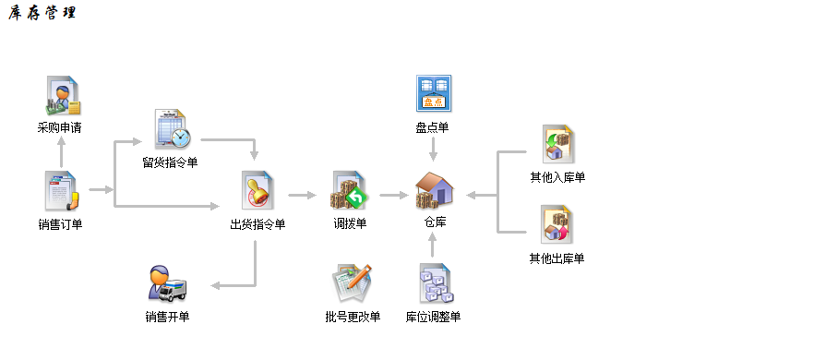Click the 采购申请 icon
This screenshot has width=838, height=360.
pos(61,97)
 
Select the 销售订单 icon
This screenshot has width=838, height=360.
pos(61,192)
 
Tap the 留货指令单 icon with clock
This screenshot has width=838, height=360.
pos(172,130)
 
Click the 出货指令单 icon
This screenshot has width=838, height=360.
pos(258,192)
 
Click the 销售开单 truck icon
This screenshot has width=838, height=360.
pos(167,283)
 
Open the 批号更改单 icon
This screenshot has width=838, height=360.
pos(353,284)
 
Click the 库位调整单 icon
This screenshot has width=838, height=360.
pos(433,284)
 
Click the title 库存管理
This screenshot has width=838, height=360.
pos(42,14)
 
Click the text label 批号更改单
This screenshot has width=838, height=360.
pos(353,318)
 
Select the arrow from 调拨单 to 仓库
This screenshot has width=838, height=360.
pos(393,195)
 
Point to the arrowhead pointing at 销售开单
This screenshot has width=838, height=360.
pos(216,285)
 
